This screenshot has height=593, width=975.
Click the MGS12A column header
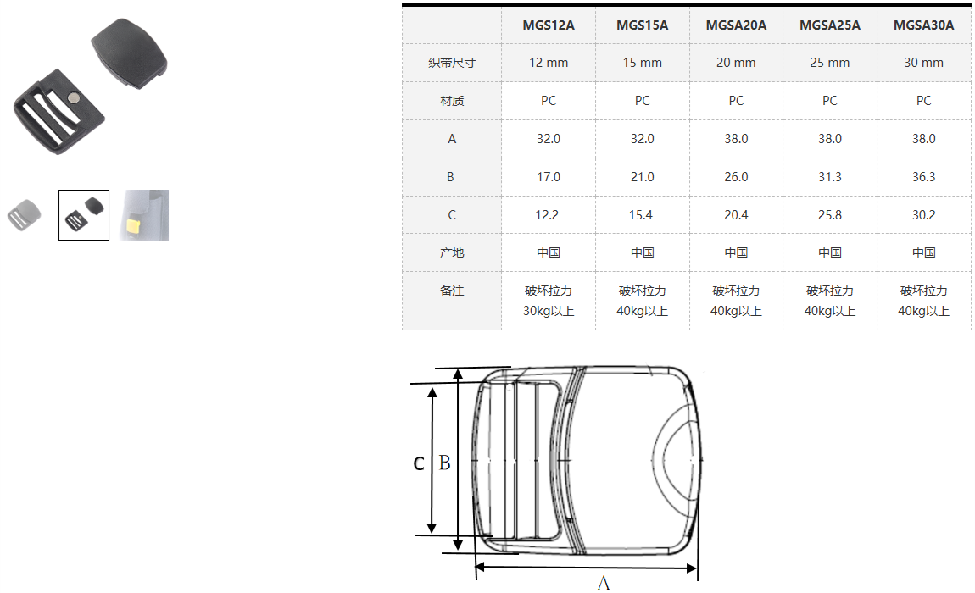coord(548,25)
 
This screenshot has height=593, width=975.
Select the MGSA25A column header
coord(829,25)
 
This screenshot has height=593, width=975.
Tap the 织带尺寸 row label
coord(452,63)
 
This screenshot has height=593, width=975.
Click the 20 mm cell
coord(736,63)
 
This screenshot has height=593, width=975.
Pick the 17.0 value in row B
coord(549,177)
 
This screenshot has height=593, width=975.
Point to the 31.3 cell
coord(829,177)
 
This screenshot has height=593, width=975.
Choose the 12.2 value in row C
coord(547,215)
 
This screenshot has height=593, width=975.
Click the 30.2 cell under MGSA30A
coord(923,215)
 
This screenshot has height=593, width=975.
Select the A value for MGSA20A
coord(736,139)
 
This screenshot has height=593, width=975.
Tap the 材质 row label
coord(452,101)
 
